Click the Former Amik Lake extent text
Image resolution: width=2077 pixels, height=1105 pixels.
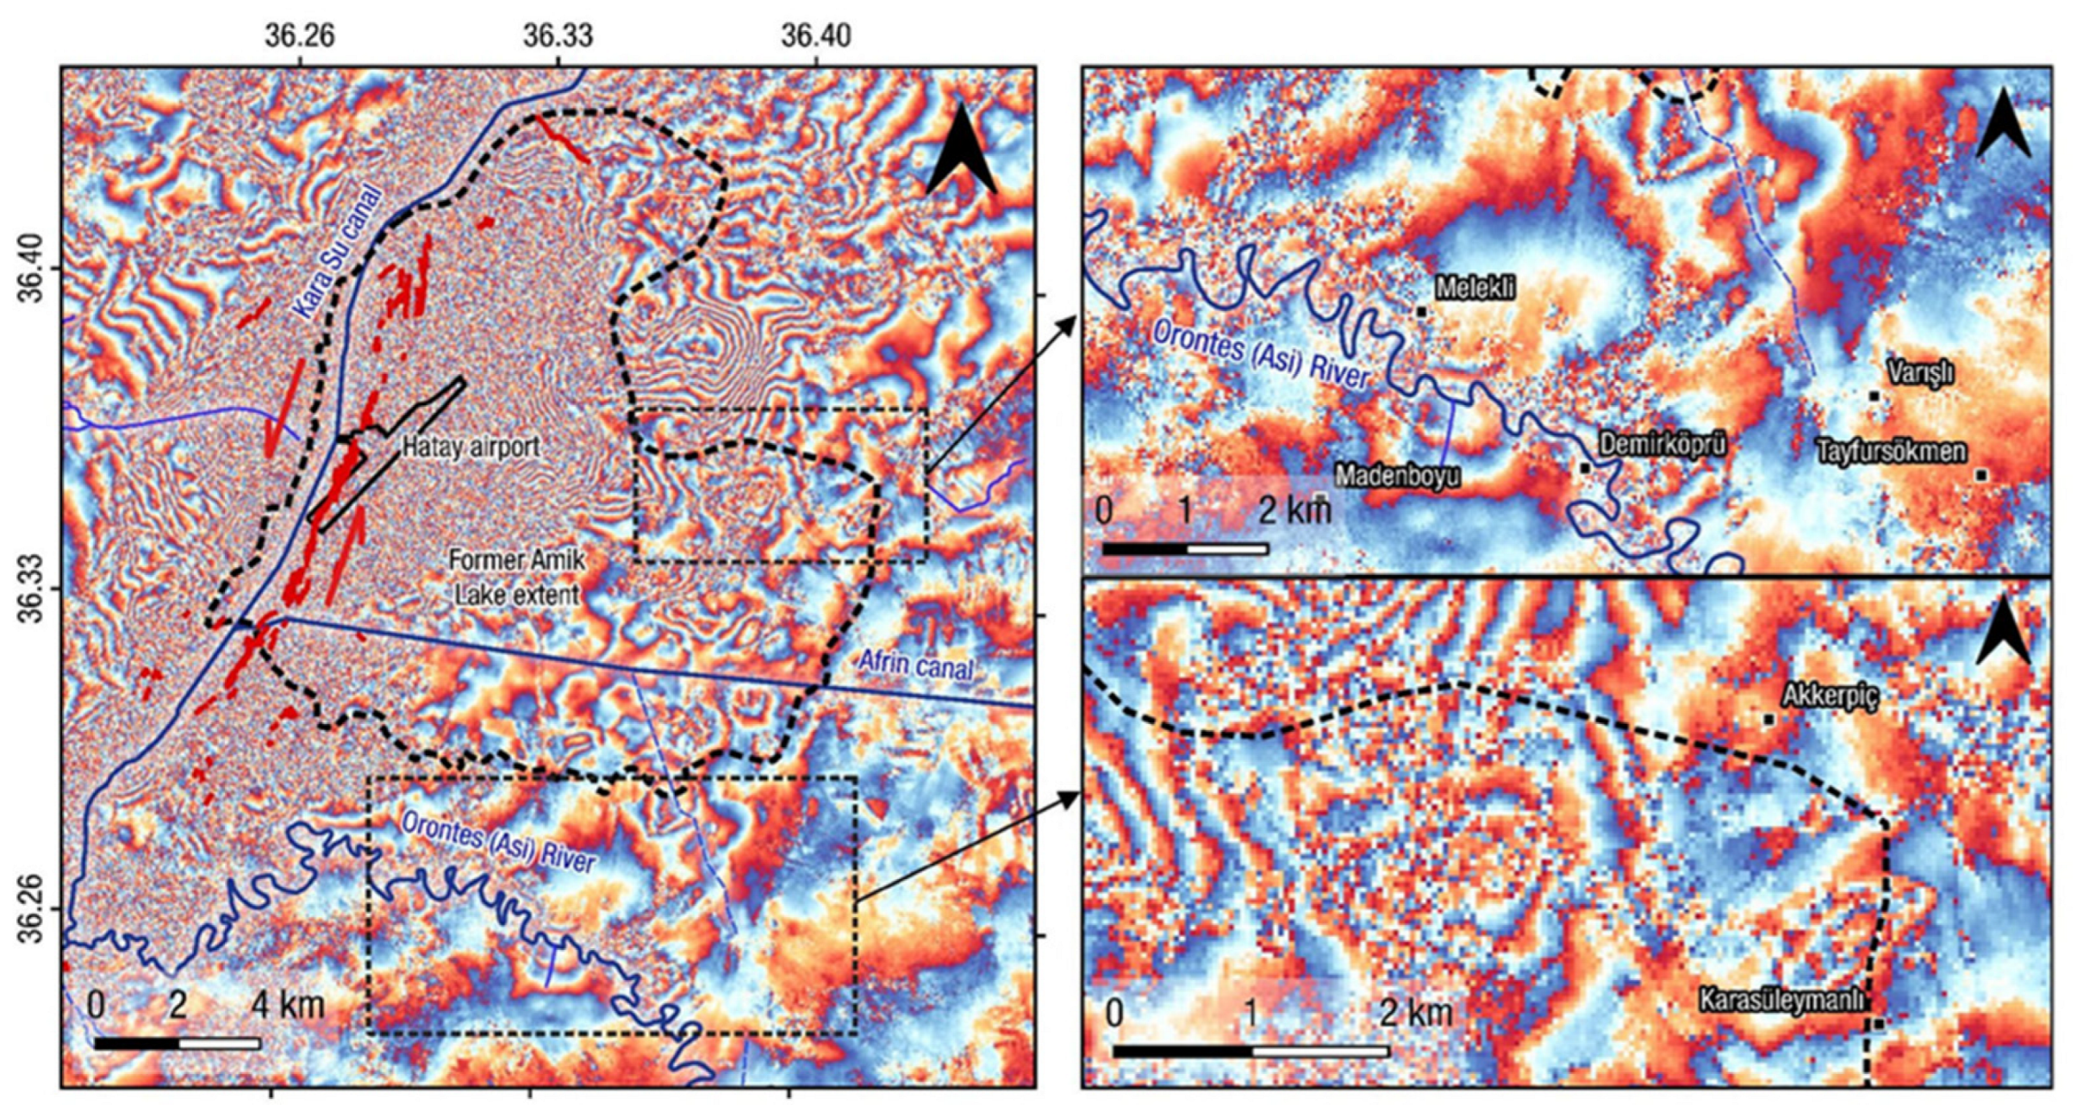pos(516,577)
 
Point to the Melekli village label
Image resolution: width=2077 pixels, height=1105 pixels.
pos(1475,288)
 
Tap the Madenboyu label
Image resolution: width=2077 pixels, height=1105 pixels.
pos(1397,476)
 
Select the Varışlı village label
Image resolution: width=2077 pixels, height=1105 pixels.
pos(1920,372)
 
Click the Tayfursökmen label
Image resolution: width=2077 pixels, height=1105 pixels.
pos(1892,451)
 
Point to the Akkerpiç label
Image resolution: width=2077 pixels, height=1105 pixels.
pos(1829,696)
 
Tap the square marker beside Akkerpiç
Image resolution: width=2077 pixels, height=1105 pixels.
pos(1768,719)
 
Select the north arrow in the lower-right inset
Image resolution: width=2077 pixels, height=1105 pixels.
pos(2005,633)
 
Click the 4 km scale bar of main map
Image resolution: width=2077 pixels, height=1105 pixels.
pos(178,1044)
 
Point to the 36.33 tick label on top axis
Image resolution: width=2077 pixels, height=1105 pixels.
pos(558,36)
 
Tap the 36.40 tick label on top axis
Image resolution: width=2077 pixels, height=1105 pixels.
pos(815,36)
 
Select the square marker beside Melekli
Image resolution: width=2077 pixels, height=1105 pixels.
pos(1420,311)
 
